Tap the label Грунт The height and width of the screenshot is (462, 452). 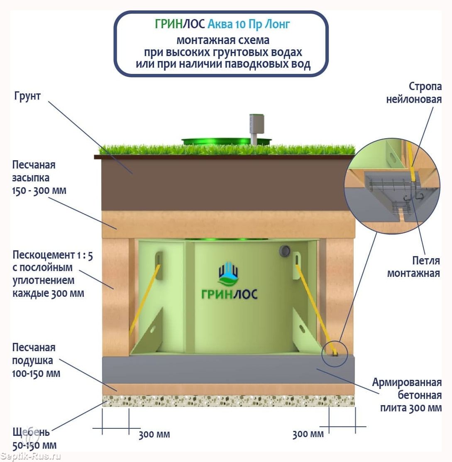27,96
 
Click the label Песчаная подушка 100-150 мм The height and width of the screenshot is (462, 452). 36,360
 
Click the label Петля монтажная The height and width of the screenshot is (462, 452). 413,266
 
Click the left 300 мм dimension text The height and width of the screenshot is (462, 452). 154,435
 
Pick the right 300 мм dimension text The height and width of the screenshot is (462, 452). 308,434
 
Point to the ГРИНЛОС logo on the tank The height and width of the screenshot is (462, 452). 229,282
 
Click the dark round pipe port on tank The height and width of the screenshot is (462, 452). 285,250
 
